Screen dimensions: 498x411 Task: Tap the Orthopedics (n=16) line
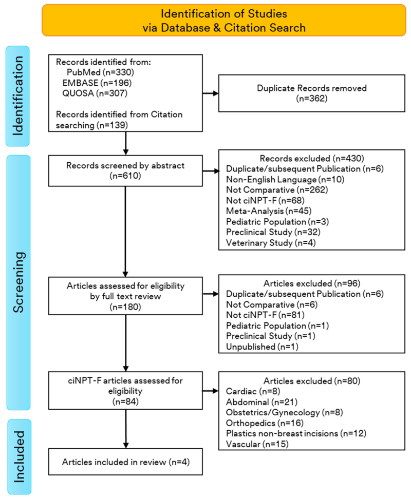pos(263,424)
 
